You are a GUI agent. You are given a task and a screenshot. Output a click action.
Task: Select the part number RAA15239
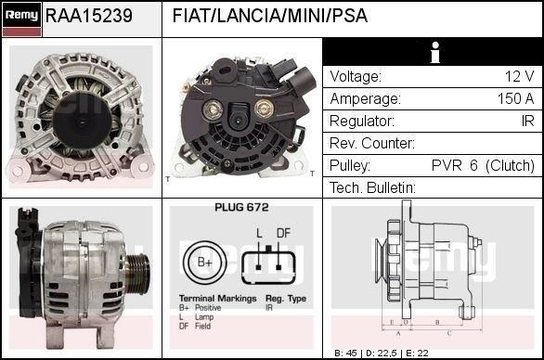pos(88,17)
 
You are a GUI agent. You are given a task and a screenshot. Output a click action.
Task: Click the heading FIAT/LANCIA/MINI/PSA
pos(269,17)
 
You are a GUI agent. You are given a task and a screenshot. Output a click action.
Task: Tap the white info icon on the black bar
pos(433,52)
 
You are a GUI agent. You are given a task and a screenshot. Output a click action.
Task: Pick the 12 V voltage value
pos(518,77)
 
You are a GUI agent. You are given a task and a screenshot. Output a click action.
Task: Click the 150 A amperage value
pos(515,99)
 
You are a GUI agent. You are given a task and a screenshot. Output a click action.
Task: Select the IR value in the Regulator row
pos(526,122)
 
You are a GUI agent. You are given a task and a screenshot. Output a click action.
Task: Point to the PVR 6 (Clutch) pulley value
pos(483,166)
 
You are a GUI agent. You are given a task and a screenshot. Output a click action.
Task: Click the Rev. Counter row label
pos(371,144)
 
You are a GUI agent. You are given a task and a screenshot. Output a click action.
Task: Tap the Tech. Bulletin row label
pos(372,188)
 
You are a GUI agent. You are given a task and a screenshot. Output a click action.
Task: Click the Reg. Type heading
pos(286,299)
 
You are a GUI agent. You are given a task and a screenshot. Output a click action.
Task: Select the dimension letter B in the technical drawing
pos(435,321)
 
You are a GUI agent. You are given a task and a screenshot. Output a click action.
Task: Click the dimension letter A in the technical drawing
pos(397,331)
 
